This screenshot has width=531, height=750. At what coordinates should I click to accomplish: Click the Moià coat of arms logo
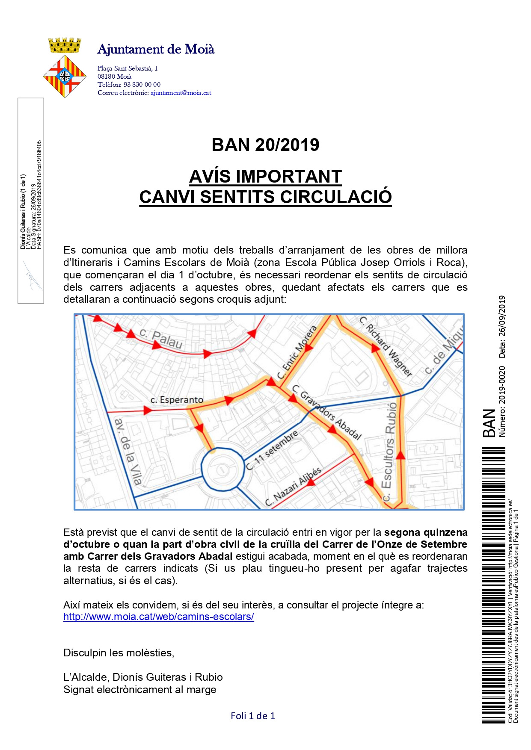65,68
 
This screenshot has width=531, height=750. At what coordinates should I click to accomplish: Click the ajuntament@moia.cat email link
181,93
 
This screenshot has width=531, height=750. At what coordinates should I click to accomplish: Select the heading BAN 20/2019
265,145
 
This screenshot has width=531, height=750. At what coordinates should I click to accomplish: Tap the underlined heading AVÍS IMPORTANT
265,177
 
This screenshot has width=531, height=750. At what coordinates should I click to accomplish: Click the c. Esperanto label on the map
177,400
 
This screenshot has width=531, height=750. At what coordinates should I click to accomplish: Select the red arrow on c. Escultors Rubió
400,455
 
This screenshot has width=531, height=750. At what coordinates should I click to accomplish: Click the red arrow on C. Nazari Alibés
311,482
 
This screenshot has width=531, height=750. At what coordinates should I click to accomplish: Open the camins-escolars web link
159,617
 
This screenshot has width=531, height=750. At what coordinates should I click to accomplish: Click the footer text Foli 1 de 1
253,716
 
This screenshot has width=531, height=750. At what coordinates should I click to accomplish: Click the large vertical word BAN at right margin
489,423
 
